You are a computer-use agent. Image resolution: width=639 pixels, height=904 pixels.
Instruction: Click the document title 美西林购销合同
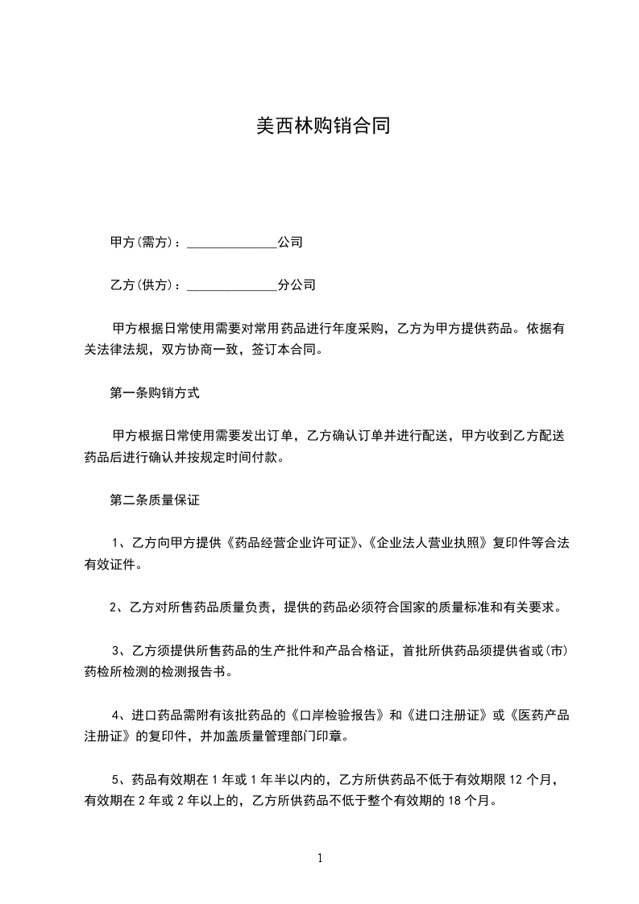click(x=322, y=126)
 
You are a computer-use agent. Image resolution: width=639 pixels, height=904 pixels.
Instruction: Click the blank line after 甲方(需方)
click(x=231, y=243)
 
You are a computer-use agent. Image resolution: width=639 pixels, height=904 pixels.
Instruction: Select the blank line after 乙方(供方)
click(x=231, y=286)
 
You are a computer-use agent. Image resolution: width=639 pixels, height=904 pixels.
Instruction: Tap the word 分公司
click(x=297, y=285)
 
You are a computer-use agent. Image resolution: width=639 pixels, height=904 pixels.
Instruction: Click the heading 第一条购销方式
click(x=154, y=394)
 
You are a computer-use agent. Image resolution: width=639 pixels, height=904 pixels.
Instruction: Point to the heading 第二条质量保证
click(x=154, y=500)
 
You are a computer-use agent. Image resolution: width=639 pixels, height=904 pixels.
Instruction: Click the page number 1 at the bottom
click(x=320, y=858)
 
